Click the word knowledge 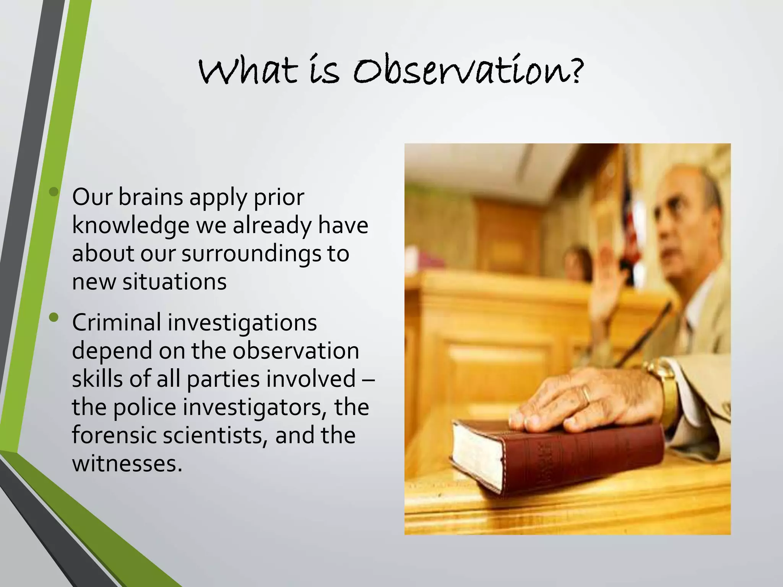click(x=130, y=225)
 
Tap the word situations click(x=174, y=282)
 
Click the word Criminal click(x=116, y=322)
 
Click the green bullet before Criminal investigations click(x=54, y=317)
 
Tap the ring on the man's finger click(x=586, y=394)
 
